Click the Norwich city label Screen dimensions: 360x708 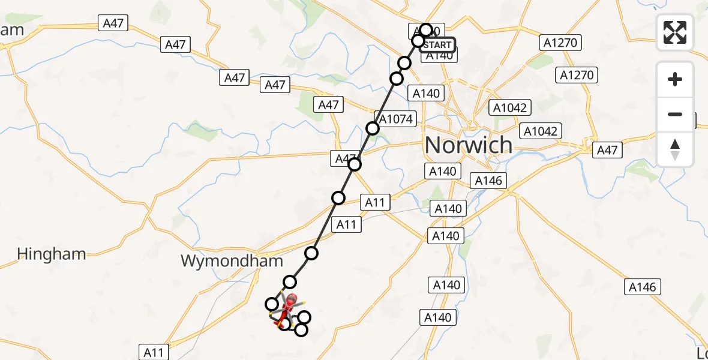[469, 145]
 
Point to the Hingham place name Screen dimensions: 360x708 [52, 254]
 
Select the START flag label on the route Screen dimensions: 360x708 [437, 45]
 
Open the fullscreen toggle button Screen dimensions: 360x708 [675, 32]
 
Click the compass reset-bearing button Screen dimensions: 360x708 [675, 149]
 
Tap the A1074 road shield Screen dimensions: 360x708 [395, 119]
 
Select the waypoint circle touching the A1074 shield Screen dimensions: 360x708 [373, 128]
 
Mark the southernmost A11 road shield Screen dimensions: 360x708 [154, 352]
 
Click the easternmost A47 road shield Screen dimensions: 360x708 [607, 150]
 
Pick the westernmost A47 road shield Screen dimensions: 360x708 [113, 23]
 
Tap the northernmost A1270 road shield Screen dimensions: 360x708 [560, 43]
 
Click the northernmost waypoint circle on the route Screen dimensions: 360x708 [426, 30]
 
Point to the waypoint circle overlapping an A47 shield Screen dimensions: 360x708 [355, 164]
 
